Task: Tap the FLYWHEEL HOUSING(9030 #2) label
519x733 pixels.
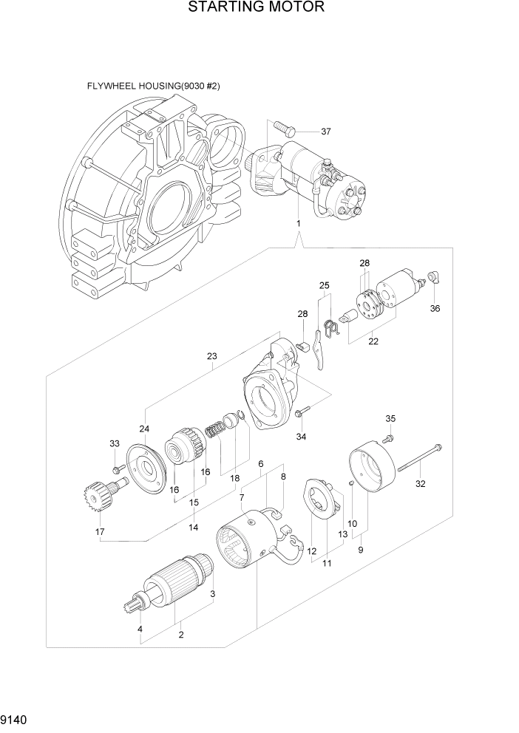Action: click(153, 86)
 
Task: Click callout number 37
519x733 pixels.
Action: click(325, 132)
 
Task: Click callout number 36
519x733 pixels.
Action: click(435, 308)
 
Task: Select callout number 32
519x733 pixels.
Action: click(421, 485)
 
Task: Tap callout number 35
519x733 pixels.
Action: click(391, 419)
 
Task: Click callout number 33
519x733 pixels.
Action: click(114, 443)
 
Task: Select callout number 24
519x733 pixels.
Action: click(144, 429)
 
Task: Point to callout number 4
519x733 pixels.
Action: click(140, 630)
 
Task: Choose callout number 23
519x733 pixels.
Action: click(212, 355)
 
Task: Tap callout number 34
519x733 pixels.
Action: click(301, 437)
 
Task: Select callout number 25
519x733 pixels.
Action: click(324, 285)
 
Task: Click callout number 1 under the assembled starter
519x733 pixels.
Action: click(298, 222)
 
